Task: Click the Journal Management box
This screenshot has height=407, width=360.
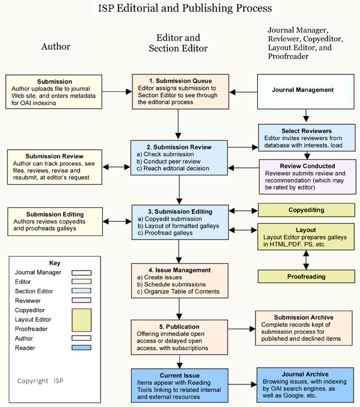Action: click(x=302, y=90)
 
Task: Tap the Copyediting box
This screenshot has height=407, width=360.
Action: click(x=306, y=210)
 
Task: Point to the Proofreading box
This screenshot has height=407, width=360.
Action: click(x=306, y=277)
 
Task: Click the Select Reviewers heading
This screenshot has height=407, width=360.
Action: click(x=306, y=131)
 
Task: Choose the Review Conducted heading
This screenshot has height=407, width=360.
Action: click(x=306, y=166)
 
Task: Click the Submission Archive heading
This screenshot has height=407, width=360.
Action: click(x=304, y=318)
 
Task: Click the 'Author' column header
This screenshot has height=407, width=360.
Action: click(x=56, y=46)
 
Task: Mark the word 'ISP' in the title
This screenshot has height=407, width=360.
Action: click(x=106, y=8)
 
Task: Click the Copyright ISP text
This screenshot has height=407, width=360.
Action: click(x=40, y=381)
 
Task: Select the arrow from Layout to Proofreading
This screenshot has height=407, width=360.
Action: click(x=306, y=260)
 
